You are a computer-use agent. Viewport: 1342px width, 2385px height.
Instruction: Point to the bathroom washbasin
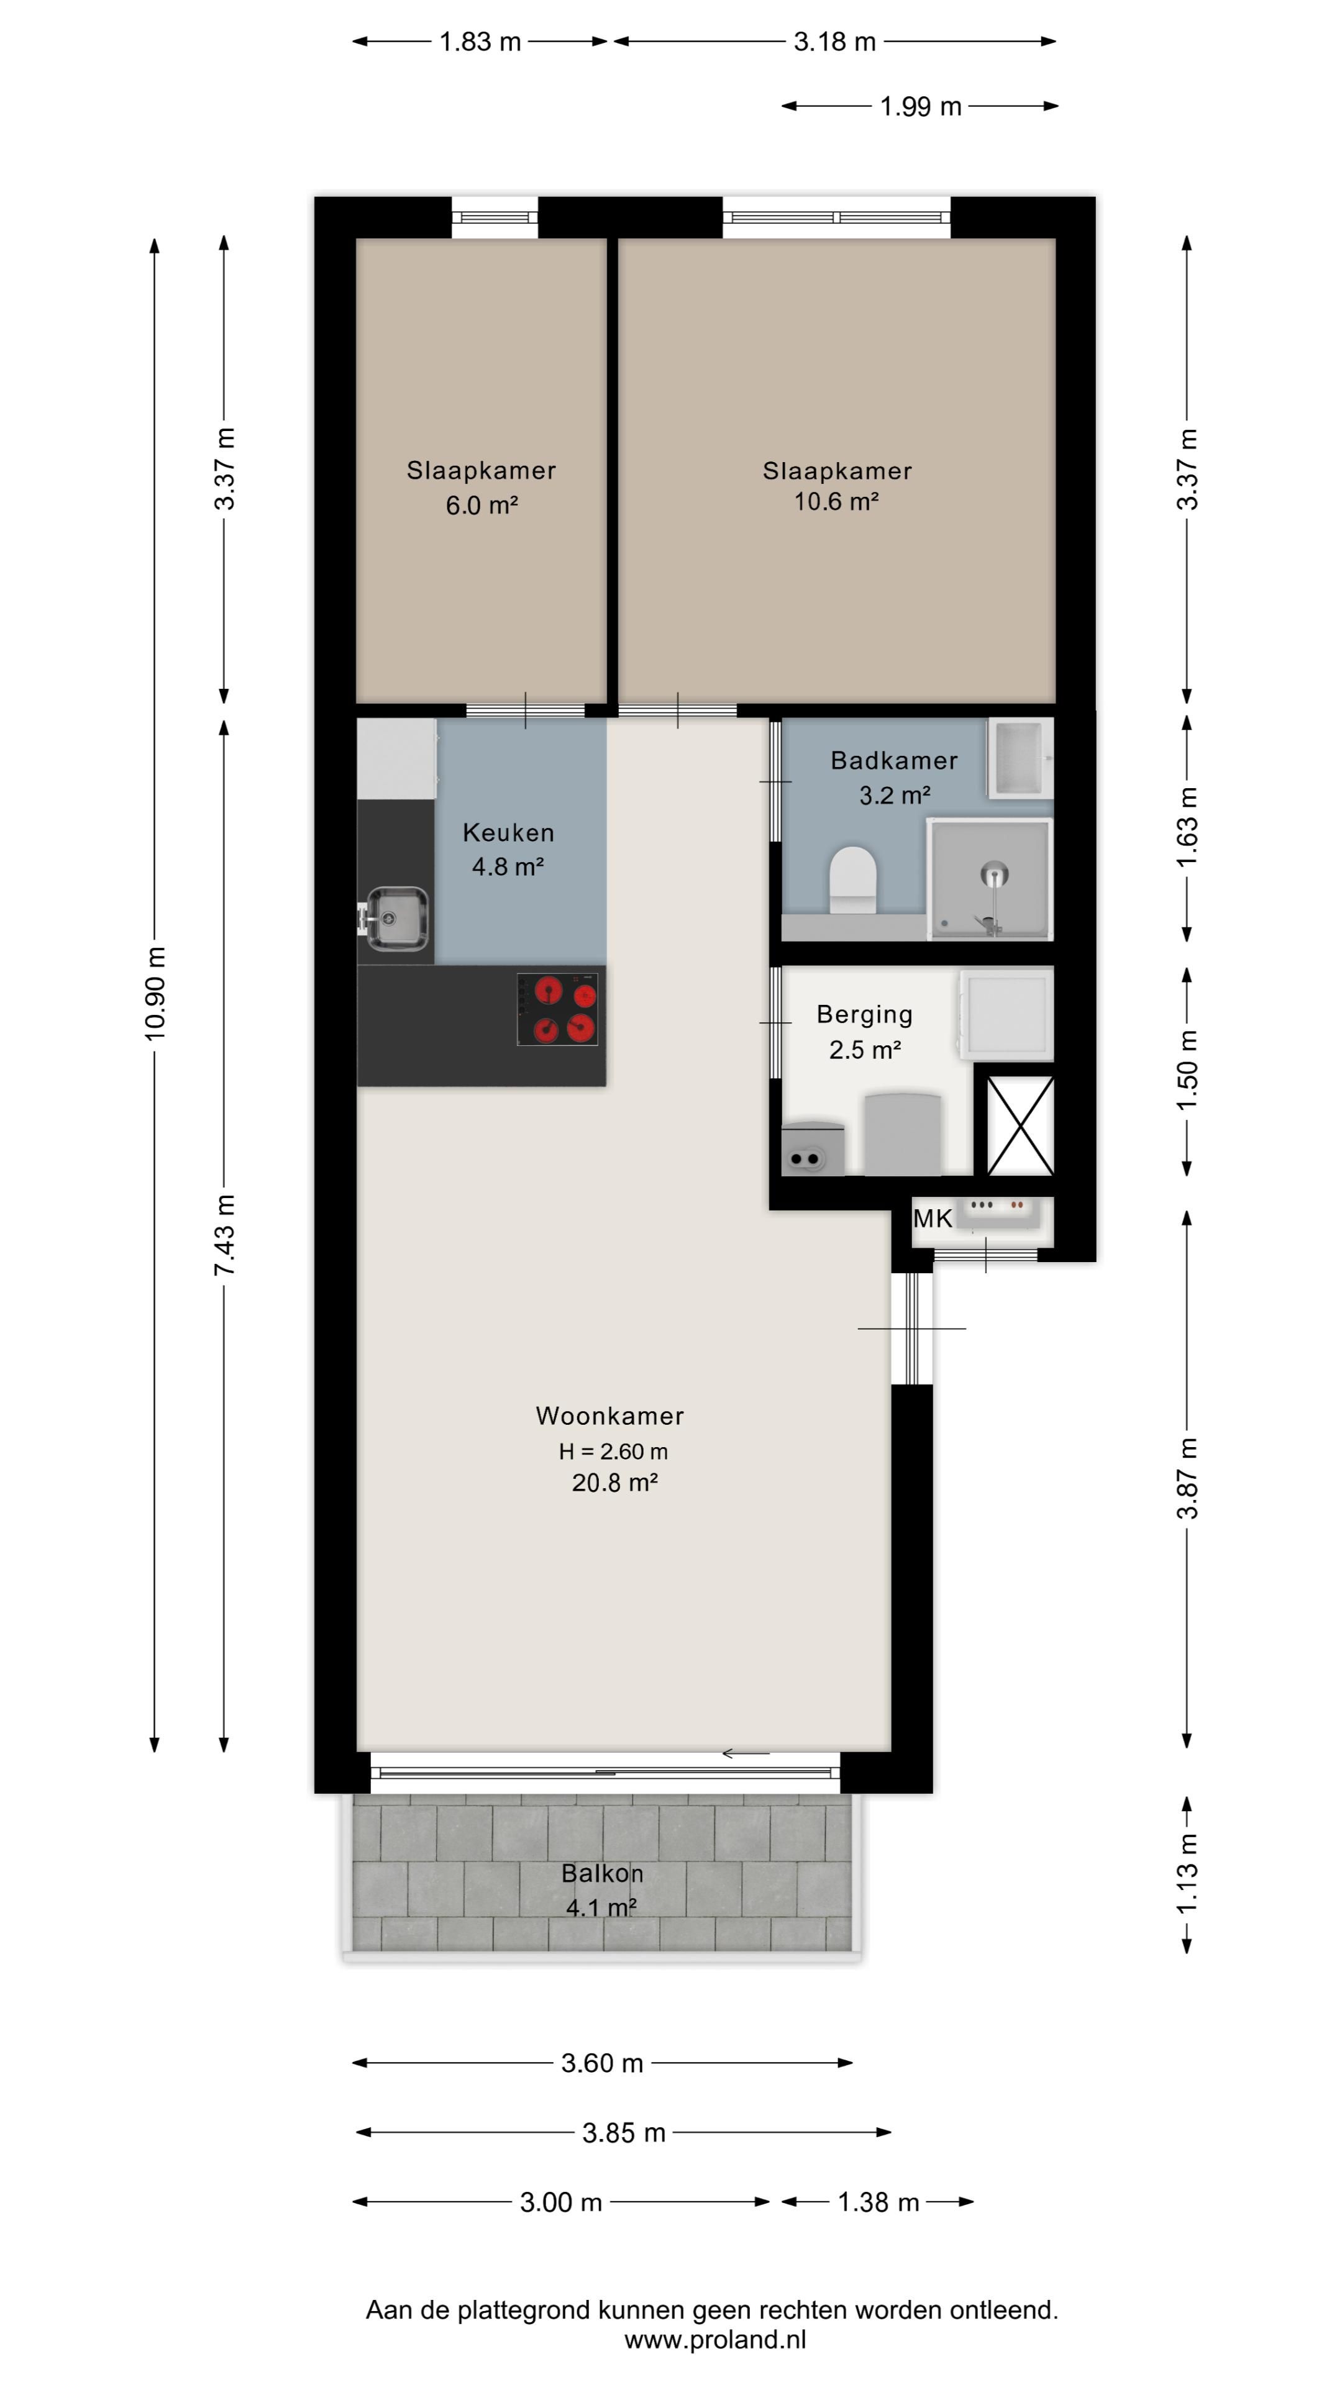point(1020,758)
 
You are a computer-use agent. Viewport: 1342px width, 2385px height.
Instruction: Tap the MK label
point(933,1219)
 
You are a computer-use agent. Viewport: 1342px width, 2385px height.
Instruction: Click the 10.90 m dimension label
point(155,994)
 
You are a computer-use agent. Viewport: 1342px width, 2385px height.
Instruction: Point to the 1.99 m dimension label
point(921,106)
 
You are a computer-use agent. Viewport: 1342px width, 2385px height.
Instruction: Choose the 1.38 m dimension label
point(878,2202)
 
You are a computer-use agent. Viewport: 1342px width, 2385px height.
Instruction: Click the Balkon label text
point(602,1873)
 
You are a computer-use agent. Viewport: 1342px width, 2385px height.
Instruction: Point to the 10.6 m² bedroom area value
point(836,501)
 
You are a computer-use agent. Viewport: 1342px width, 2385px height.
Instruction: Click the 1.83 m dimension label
point(480,42)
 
